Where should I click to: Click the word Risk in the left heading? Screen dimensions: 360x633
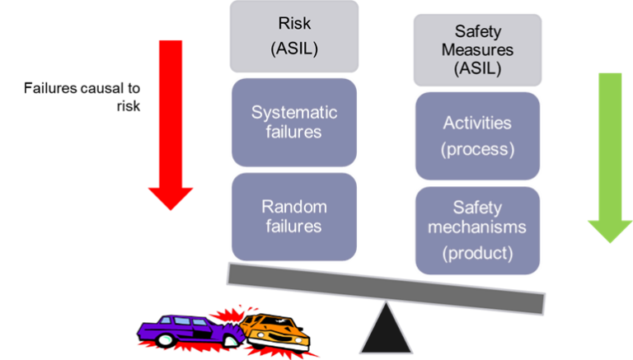pos(294,26)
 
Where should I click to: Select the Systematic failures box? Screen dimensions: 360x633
pos(294,122)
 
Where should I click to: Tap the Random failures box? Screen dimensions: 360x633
pos(294,216)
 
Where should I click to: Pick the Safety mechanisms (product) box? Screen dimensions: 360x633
pos(477,229)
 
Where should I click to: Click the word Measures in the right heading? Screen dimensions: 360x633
pos(477,50)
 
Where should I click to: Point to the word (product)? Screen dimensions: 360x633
pos(477,253)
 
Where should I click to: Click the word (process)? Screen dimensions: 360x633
pos(477,150)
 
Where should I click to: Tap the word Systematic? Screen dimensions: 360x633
pos(294,113)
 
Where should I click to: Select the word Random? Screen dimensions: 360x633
pos(294,207)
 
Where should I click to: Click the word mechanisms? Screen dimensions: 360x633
pos(477,228)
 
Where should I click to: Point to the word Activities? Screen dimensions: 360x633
pos(477,124)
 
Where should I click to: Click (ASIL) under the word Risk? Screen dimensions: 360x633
pos(294,49)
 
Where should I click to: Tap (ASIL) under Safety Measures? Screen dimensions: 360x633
pos(477,68)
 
